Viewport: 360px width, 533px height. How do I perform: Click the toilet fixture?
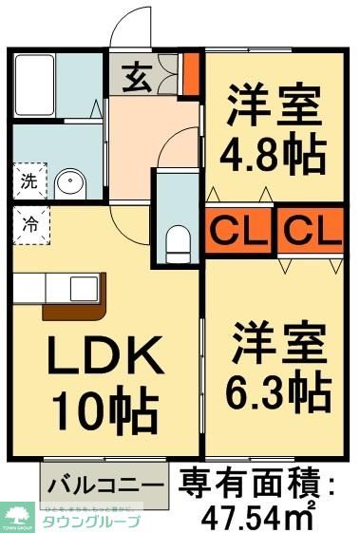point(178,244)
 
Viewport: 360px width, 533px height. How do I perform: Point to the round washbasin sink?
point(68,184)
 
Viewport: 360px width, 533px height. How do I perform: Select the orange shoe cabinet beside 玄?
point(190,74)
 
